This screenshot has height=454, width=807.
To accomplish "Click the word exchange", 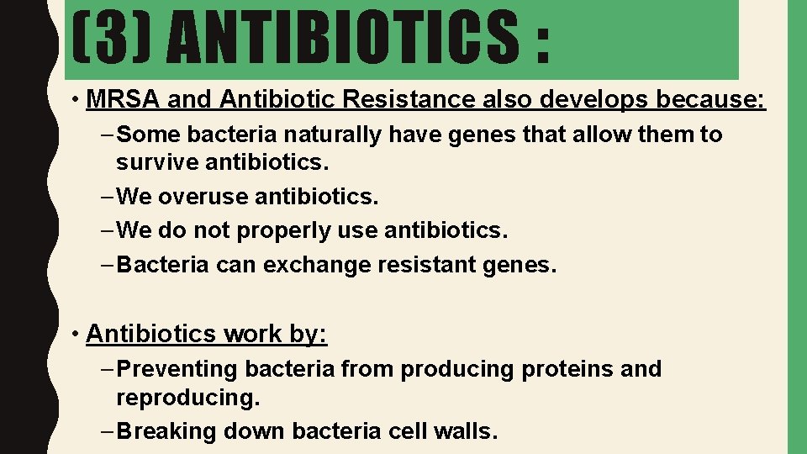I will (314, 265).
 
